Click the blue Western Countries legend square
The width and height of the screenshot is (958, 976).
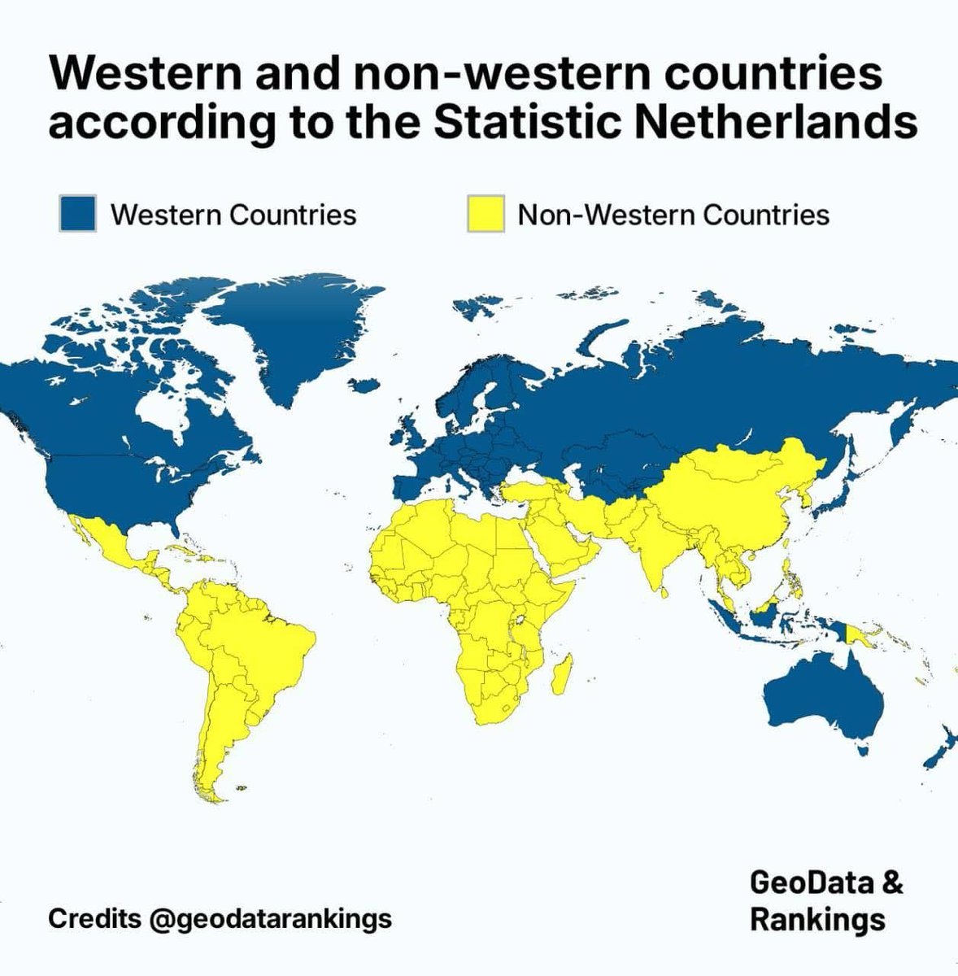[x=78, y=214]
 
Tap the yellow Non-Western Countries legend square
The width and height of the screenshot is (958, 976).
[x=486, y=214]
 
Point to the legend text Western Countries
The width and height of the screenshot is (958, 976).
[x=233, y=215]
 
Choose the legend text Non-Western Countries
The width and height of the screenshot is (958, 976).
[x=673, y=215]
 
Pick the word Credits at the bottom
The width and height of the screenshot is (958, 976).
[x=94, y=919]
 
